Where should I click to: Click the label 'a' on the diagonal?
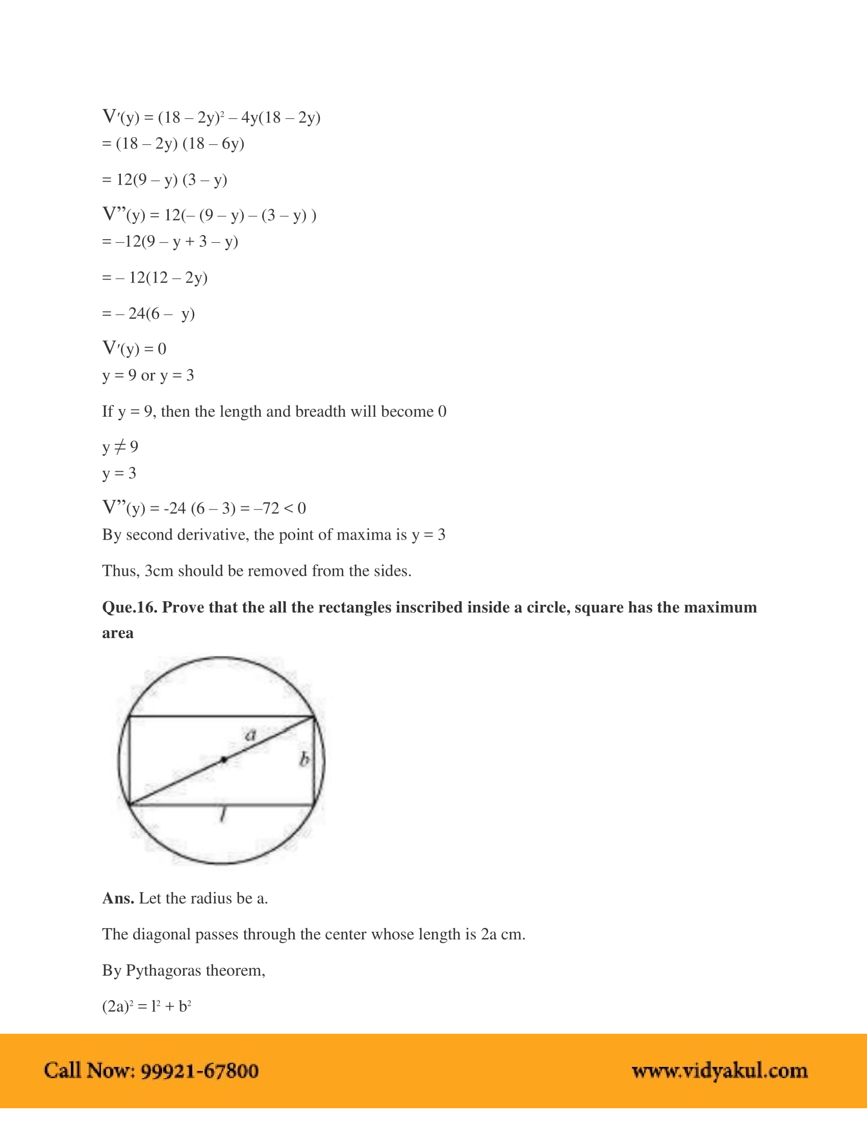coord(250,735)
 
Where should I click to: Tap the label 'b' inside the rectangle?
coord(304,759)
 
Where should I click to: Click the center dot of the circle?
coord(223,759)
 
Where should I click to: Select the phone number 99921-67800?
coord(199,1071)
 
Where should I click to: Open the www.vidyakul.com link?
coord(720,1071)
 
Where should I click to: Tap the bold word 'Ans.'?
coord(118,898)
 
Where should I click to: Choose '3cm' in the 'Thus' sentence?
coord(158,571)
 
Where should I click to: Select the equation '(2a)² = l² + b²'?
coord(146,1006)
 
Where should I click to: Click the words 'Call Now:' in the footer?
coord(89,1071)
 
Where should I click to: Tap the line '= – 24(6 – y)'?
coord(148,313)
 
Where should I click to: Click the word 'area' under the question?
coord(118,633)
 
